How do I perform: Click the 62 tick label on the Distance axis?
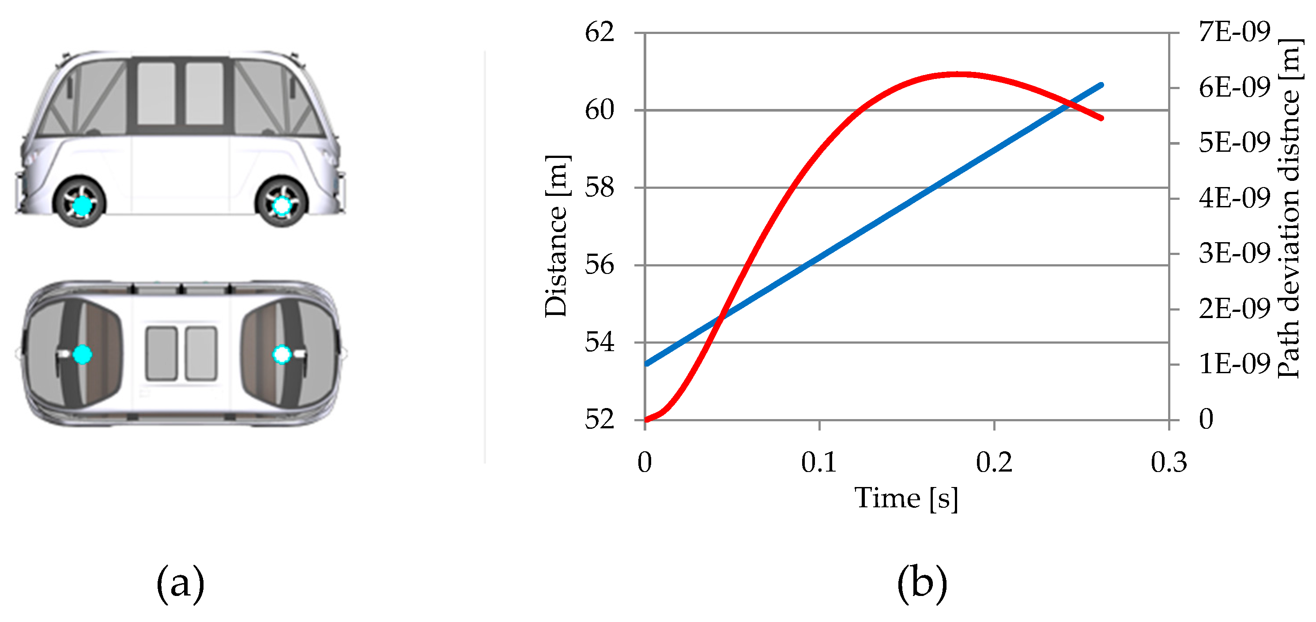(x=599, y=33)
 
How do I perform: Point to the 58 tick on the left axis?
(x=599, y=188)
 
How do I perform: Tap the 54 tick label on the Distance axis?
(x=599, y=343)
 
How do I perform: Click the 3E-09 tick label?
(x=1234, y=254)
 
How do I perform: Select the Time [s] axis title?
(x=906, y=499)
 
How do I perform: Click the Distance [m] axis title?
(x=556, y=236)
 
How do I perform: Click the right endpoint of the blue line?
(x=1101, y=85)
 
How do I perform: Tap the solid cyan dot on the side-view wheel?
(x=82, y=206)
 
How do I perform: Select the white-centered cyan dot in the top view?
(x=282, y=354)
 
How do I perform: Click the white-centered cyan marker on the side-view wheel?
(x=282, y=206)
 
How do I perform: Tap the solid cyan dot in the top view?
(x=82, y=354)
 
